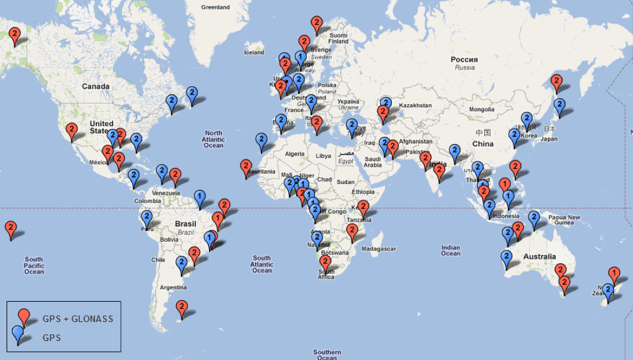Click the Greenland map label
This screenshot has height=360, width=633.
(x=215, y=8)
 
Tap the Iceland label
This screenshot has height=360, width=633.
(x=254, y=52)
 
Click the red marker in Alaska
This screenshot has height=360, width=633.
(x=16, y=35)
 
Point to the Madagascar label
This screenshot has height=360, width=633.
(x=379, y=248)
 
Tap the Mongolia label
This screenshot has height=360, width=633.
(x=482, y=109)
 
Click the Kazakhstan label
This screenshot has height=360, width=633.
(x=415, y=105)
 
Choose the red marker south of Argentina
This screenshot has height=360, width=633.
(x=182, y=308)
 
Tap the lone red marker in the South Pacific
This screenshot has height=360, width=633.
(x=11, y=228)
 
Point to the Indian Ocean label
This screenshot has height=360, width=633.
(x=451, y=251)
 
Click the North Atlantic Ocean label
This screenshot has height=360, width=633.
(x=213, y=139)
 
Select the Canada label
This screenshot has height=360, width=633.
(x=96, y=86)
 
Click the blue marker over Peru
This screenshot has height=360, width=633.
(x=147, y=217)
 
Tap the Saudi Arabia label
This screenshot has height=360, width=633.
(x=373, y=161)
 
